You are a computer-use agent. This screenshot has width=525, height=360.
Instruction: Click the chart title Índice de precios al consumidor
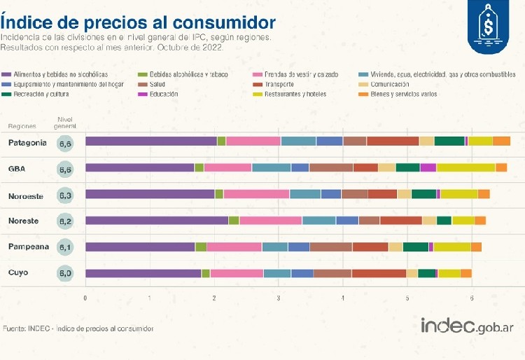tap(138, 21)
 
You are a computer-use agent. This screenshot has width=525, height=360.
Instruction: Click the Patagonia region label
tap(27, 142)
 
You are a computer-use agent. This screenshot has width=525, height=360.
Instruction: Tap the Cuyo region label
tap(18, 272)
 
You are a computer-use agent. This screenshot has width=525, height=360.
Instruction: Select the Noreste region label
tap(23, 221)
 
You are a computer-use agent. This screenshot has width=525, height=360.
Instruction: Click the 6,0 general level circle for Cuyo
tap(65, 272)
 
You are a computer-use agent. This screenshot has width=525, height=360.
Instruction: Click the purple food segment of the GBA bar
tap(139, 167)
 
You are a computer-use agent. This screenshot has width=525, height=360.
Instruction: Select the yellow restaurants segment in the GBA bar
tap(465, 167)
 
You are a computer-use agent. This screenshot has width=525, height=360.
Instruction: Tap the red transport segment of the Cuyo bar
tap(379, 272)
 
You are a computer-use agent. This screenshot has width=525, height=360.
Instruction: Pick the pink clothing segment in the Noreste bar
tap(270, 221)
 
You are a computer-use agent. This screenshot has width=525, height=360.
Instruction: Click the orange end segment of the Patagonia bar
tap(501, 141)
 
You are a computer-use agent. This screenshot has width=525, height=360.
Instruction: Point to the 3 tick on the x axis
tap(279, 298)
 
